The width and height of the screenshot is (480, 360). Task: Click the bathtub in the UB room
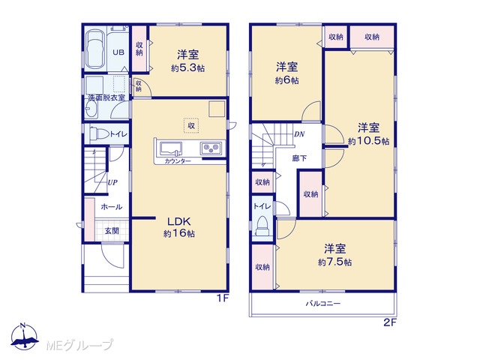[95, 49]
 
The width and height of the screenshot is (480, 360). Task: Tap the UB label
[118, 52]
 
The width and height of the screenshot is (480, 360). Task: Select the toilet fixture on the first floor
[100, 133]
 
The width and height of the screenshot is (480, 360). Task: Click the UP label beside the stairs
[112, 182]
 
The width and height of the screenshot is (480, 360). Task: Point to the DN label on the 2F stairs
[299, 134]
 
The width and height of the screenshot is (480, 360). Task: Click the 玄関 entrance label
[112, 231]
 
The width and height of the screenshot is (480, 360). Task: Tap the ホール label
[112, 207]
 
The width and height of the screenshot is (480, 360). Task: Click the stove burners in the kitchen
[211, 148]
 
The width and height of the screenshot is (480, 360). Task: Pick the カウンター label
[178, 161]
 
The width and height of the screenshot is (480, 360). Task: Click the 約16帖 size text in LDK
[179, 233]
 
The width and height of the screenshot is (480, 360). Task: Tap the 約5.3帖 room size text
[187, 68]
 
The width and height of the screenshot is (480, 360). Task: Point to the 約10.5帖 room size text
[368, 141]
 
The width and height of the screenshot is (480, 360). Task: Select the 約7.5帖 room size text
[334, 262]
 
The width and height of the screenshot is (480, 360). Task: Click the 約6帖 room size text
[286, 80]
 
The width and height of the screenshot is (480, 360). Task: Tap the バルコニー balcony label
[323, 304]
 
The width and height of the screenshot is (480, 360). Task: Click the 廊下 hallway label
[299, 158]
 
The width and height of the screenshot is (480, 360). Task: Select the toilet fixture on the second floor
[262, 226]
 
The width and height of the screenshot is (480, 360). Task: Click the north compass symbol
[24, 337]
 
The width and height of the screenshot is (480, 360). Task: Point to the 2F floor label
[390, 322]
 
